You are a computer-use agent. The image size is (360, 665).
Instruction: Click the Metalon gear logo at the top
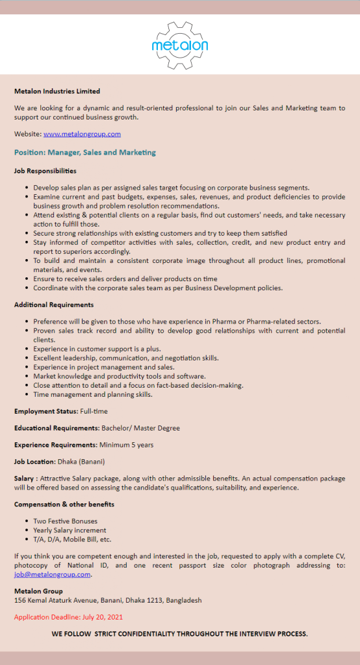[179, 44]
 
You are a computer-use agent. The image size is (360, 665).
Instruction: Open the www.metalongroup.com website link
[82, 134]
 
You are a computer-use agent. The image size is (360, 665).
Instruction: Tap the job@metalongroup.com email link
[53, 574]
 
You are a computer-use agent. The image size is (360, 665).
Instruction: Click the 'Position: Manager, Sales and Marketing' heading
[85, 153]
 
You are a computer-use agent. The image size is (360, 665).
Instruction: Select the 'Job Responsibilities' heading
[45, 171]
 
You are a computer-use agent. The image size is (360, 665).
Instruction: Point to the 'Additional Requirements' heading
[54, 305]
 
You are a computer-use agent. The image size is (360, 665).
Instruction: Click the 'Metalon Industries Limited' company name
[57, 91]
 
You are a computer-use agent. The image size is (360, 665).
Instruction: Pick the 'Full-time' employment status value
[94, 411]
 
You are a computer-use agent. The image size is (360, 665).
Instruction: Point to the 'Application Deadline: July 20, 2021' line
[68, 617]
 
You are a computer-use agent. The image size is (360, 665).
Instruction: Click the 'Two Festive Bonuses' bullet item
[66, 521]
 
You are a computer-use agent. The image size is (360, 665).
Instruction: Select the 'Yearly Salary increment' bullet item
[70, 530]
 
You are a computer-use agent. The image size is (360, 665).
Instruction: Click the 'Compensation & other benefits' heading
[64, 504]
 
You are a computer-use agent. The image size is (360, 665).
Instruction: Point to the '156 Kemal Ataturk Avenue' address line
[108, 600]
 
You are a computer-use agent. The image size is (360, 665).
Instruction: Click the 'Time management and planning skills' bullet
[93, 394]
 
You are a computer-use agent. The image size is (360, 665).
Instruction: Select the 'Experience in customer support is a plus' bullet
[97, 349]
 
